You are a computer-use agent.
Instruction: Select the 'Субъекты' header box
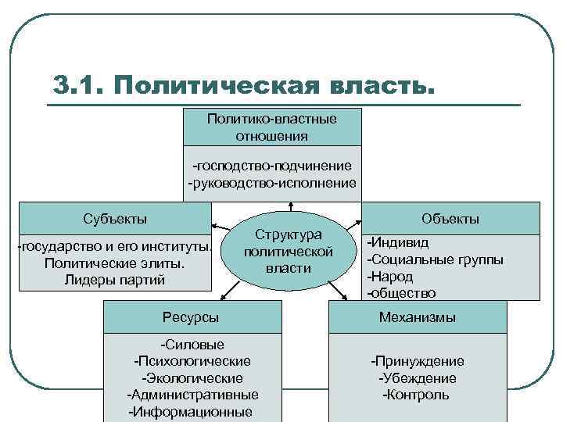coord(115,218)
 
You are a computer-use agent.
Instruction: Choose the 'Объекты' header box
coord(450,218)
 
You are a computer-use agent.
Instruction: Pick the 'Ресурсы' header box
coord(191,316)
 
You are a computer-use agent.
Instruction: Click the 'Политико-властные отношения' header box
coord(271,127)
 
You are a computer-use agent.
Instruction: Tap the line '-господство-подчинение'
coord(271,166)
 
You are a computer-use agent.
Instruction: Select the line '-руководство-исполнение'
coord(271,183)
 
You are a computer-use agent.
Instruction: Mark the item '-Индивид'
coord(399,243)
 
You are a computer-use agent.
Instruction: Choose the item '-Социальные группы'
coord(436,259)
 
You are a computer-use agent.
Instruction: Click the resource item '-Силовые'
coord(192,345)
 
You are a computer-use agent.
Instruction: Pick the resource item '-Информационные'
coord(192,412)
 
